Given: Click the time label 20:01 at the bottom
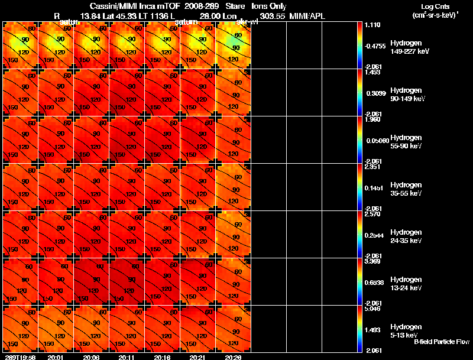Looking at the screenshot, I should tap(56, 357).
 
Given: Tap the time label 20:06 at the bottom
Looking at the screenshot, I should tap(91, 357).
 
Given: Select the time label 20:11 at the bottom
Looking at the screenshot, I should tap(127, 357).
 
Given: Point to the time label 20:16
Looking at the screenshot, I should tap(162, 357).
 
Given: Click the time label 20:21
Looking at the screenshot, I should tap(197, 357).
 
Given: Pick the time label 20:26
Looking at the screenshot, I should tap(233, 357).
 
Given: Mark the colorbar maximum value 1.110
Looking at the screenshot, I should tap(373, 25).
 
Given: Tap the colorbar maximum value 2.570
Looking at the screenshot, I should tap(373, 214).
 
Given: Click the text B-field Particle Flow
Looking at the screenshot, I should tap(441, 342).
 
